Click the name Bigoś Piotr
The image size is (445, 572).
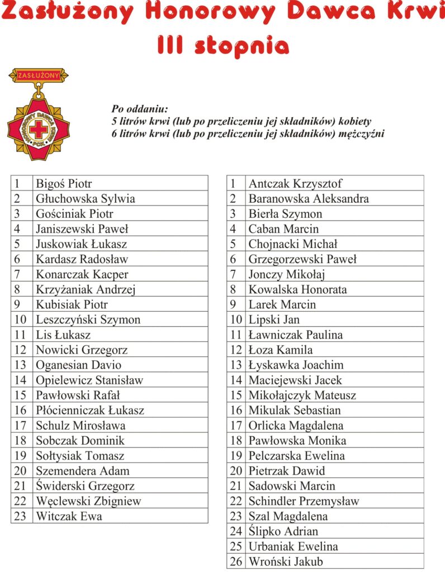(x=64, y=183)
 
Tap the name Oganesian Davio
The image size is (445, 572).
(x=78, y=365)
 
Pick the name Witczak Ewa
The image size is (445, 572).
(x=69, y=516)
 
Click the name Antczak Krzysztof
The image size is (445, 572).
(x=295, y=183)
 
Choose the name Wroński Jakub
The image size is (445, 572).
(x=286, y=561)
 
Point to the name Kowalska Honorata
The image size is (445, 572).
(x=297, y=289)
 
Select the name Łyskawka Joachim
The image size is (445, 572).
(x=296, y=365)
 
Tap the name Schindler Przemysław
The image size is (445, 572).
(x=304, y=501)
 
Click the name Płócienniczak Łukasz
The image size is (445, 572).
(x=90, y=410)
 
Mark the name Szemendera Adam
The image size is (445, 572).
(x=82, y=470)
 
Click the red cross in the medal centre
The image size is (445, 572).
(x=39, y=130)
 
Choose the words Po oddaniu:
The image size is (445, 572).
(x=140, y=109)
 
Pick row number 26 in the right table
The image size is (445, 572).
(x=236, y=561)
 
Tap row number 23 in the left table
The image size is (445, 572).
(x=20, y=516)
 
